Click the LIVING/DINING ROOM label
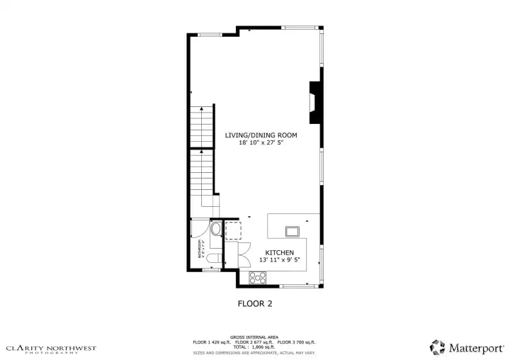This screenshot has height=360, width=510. coord(261,135)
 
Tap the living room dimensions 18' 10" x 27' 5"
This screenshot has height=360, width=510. coord(261,142)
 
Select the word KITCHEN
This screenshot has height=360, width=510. coord(279,253)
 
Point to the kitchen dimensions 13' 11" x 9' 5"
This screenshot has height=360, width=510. coord(279,260)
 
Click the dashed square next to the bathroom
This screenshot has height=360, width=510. coord(233,230)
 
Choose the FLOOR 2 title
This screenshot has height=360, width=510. coord(254,303)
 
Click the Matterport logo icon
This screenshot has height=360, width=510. coord(438,347)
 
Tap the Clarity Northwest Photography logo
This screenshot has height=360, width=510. coord(51,349)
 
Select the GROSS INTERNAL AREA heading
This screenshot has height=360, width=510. coord(254,337)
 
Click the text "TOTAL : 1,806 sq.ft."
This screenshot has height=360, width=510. coord(254,347)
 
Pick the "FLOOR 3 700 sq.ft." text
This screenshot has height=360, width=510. coord(298,342)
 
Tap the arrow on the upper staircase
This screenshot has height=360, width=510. coord(203,108)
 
